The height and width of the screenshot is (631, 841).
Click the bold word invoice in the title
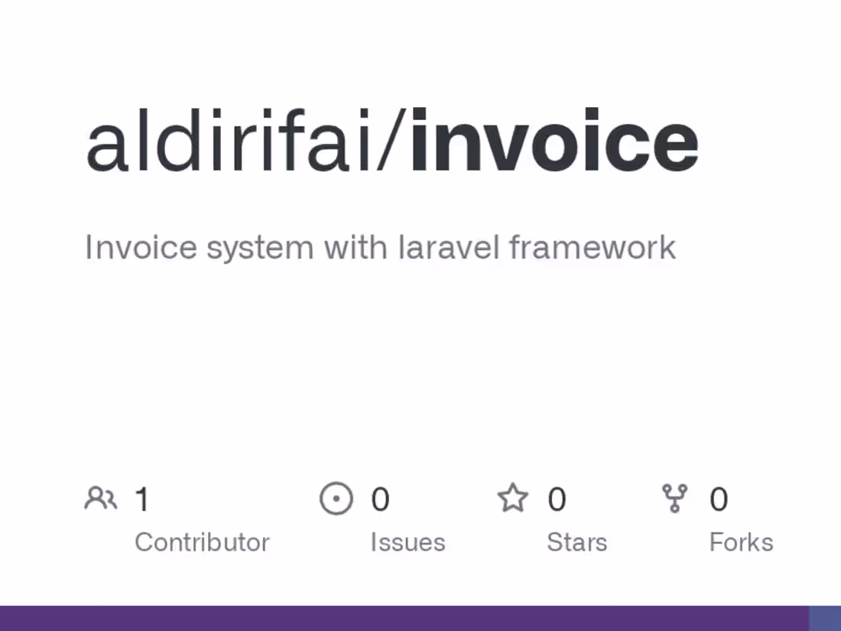pos(554,142)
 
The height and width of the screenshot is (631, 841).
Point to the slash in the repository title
pos(393,142)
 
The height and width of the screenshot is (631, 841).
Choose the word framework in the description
pos(593,248)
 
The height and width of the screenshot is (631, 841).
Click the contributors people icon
pos(100,499)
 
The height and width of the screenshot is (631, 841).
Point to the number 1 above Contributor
pos(142,499)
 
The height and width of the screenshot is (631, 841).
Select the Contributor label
pos(202,542)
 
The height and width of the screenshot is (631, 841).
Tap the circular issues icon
pos(336,499)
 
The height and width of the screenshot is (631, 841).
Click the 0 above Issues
pos(380,499)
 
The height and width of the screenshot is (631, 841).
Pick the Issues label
pos(408,542)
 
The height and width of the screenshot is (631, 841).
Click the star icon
pos(513,498)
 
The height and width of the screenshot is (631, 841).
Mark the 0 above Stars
pos(557,499)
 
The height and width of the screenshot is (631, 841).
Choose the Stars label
pos(576,542)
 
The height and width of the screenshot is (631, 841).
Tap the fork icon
pos(674,499)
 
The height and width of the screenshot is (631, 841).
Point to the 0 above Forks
pos(718,499)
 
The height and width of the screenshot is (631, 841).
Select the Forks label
pos(741,542)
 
